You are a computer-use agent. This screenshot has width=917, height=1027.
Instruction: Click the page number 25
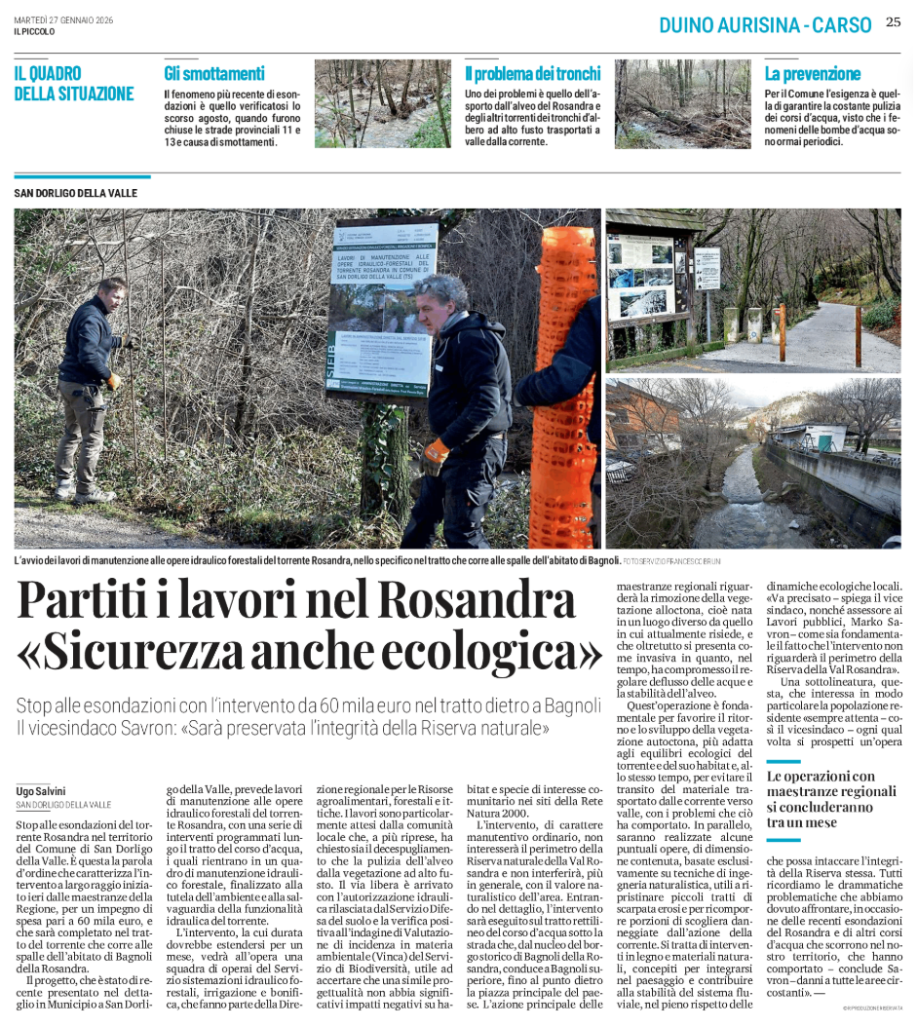pos(893,22)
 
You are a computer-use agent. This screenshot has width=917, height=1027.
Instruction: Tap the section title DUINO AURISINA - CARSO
pos(765,25)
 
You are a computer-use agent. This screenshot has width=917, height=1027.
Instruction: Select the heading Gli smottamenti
pos(214,73)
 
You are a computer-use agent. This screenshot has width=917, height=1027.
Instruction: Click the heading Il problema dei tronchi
pos(533,73)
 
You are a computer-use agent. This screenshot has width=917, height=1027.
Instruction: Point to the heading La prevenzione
pos(813,73)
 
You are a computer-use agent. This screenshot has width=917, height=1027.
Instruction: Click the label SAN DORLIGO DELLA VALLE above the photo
pos(76,193)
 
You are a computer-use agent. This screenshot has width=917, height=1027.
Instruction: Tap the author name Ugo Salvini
pos(41,791)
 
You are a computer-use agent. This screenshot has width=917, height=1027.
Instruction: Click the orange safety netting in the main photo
pos(564,390)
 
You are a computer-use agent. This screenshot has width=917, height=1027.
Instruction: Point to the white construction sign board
pos(382,307)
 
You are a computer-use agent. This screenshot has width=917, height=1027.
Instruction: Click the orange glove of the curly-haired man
pos(435,456)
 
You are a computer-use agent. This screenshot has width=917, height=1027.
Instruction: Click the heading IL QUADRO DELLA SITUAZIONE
pos(74,84)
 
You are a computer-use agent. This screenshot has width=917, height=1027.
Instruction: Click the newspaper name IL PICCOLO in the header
pos(34,31)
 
